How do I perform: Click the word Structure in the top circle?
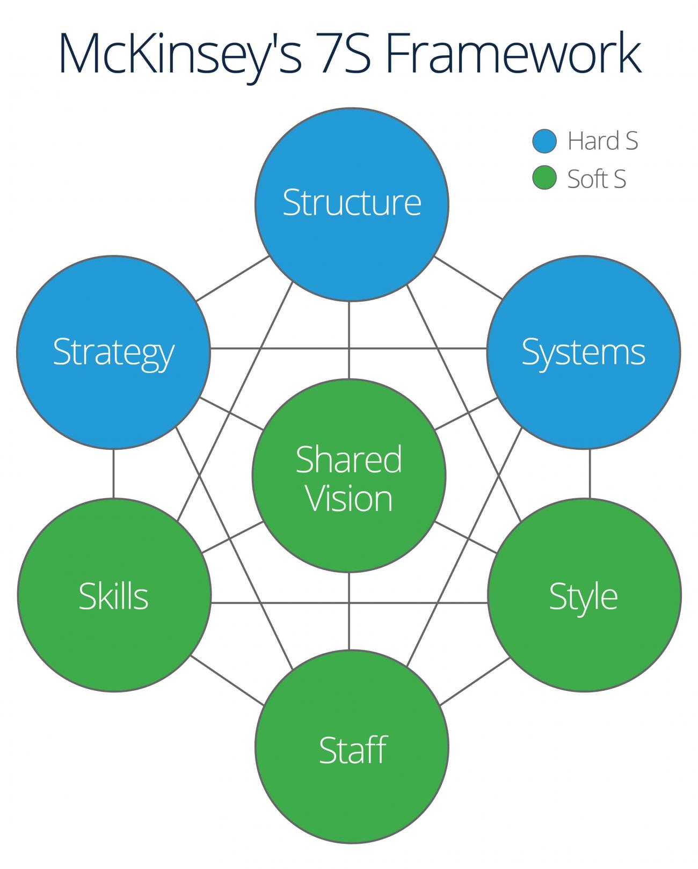[352, 203]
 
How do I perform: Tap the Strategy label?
[113, 353]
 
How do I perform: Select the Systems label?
[583, 353]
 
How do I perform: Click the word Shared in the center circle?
[348, 459]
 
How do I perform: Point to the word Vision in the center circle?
[349, 499]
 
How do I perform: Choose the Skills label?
[113, 596]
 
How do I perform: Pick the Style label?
[583, 596]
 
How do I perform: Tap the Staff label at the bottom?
[352, 750]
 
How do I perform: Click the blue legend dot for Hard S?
[544, 141]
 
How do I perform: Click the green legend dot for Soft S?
[544, 178]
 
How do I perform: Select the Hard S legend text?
[602, 141]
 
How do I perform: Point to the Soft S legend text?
[597, 179]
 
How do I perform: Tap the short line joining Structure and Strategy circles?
[232, 278]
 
